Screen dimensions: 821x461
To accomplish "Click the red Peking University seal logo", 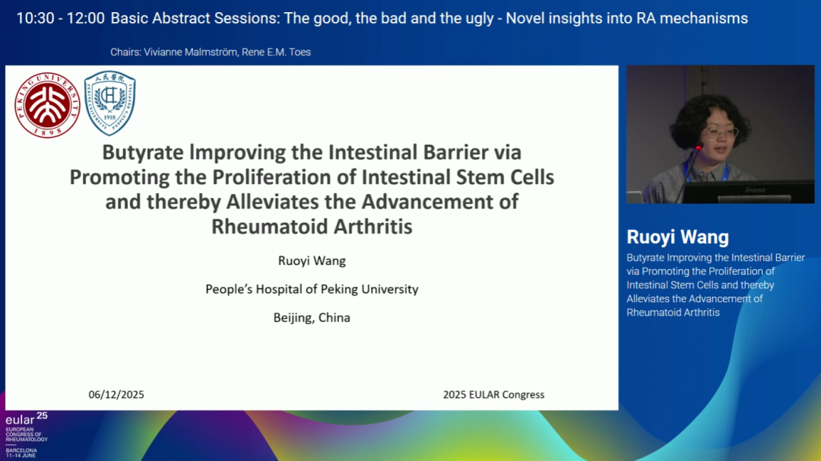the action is tap(47, 105).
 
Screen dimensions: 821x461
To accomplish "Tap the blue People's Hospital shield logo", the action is tap(110, 103).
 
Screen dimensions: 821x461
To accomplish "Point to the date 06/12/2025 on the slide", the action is tap(116, 395).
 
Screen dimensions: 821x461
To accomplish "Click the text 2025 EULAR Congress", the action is tap(494, 395).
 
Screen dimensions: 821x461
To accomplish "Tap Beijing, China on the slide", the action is tap(312, 317).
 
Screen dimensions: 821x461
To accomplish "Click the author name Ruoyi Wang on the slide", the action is tap(312, 260).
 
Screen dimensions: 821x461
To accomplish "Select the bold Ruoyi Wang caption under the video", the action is tap(677, 237).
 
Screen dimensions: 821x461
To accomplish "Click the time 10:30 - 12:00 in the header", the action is tap(60, 18).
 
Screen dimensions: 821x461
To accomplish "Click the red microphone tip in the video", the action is tap(699, 148).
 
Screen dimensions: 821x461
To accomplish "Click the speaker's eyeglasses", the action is tap(721, 132).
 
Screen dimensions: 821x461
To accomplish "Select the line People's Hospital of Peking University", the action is tap(312, 289).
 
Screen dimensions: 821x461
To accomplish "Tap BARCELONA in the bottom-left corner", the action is tap(21, 450).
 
